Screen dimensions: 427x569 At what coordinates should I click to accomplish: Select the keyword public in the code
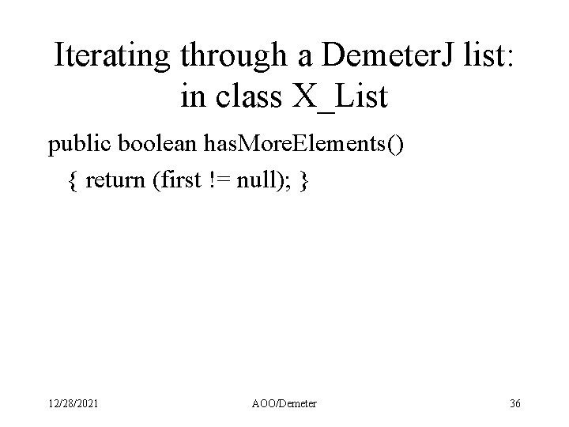(x=80, y=145)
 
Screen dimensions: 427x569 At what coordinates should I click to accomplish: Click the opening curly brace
(x=73, y=180)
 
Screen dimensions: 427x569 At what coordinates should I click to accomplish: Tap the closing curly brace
(x=305, y=180)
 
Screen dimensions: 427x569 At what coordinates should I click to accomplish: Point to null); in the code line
(x=265, y=180)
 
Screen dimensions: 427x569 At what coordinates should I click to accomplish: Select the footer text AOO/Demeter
(x=284, y=404)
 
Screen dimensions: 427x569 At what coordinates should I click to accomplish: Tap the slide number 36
(x=515, y=404)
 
